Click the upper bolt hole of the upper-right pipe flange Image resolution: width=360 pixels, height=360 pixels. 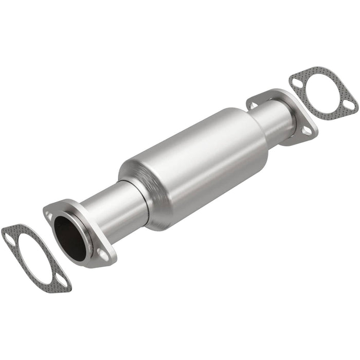[253, 104]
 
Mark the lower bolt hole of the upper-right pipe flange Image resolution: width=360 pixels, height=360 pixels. [307, 132]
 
